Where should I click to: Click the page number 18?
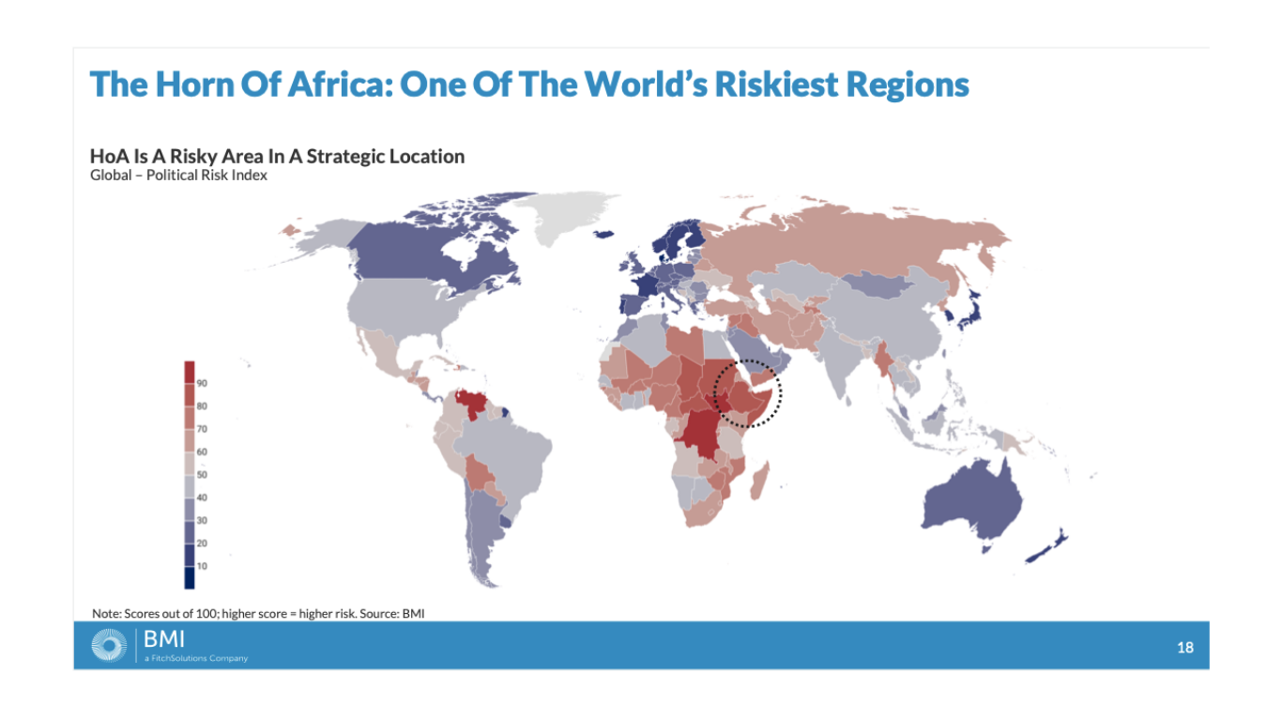[x=1185, y=648]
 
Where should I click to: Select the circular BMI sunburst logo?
[x=109, y=646]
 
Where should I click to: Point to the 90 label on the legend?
[x=202, y=383]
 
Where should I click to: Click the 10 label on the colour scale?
[x=202, y=566]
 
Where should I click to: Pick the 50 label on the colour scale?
[x=202, y=475]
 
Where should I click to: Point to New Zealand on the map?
[x=1047, y=546]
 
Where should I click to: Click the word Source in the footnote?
[x=379, y=613]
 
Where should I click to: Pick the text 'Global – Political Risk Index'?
[x=178, y=176]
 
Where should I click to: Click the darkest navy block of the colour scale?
[x=190, y=578]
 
